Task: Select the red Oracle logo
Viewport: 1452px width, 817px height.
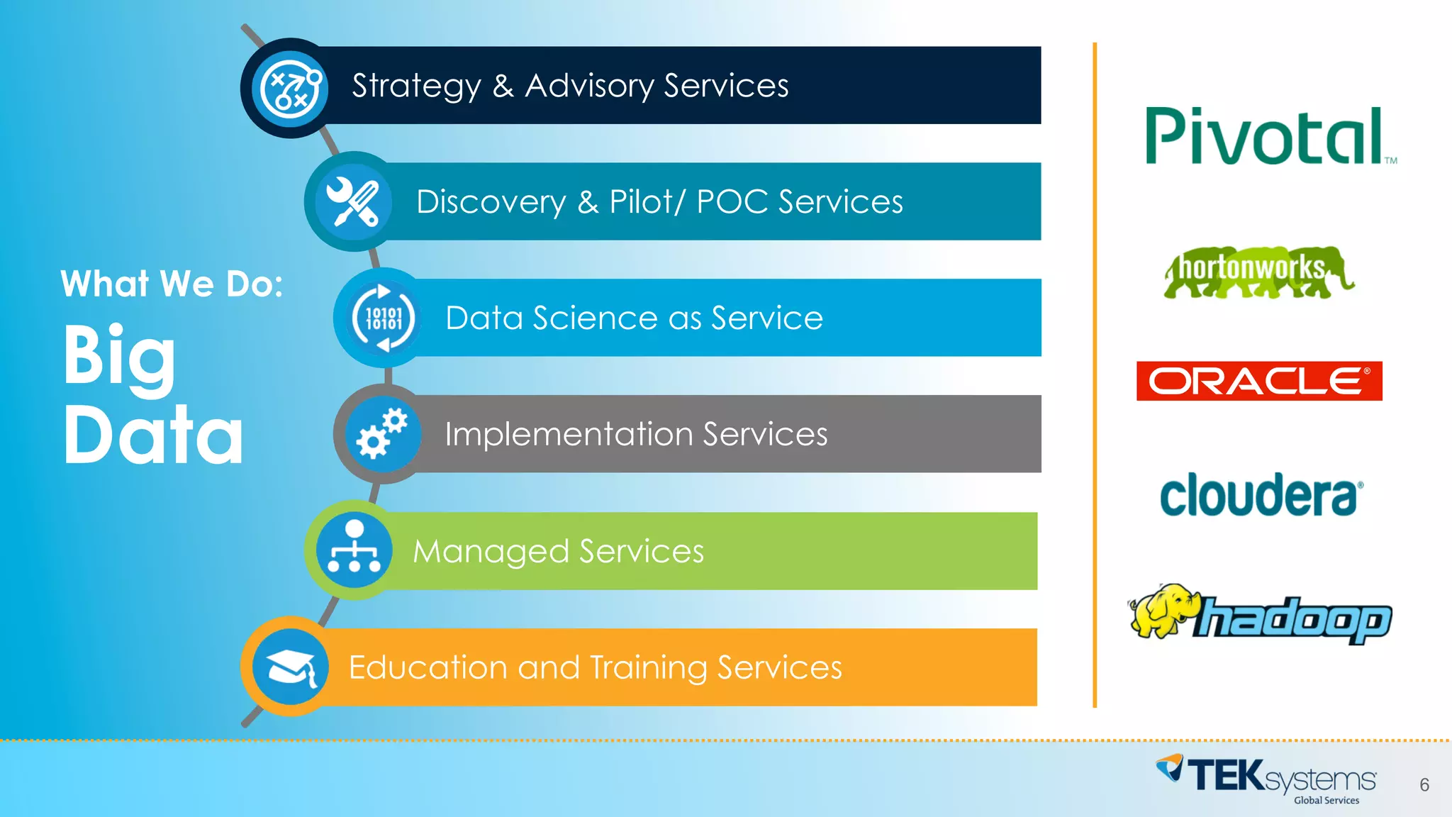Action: (x=1259, y=381)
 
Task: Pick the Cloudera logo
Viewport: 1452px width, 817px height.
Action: (x=1259, y=495)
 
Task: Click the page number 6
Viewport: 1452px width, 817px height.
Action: (x=1424, y=784)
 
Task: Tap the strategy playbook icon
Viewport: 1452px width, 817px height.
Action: (x=291, y=89)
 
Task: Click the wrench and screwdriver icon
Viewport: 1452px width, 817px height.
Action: (x=353, y=202)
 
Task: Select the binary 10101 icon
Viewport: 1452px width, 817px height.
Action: (x=384, y=318)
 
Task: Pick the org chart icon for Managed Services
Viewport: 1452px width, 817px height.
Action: (x=354, y=550)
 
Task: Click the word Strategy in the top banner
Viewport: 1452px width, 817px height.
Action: (x=416, y=87)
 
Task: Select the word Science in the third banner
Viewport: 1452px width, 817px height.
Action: (x=617, y=318)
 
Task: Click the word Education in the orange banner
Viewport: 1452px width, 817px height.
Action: (x=428, y=667)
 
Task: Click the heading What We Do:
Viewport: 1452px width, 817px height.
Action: (x=172, y=284)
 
